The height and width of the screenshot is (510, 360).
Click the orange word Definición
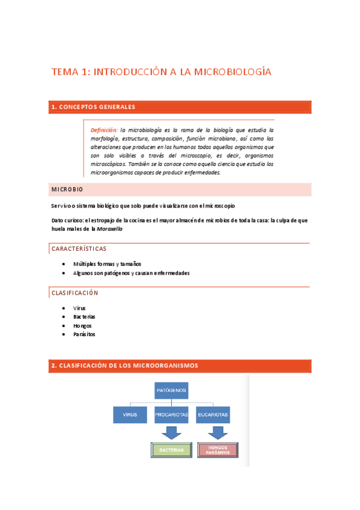(104, 130)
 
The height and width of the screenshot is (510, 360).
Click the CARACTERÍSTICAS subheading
(79, 248)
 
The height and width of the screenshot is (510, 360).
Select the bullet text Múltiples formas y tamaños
(108, 264)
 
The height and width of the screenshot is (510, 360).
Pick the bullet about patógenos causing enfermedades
(131, 272)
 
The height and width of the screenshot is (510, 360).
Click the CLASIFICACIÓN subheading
(75, 293)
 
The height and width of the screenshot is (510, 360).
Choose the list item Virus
(79, 308)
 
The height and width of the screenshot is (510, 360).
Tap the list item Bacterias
(84, 316)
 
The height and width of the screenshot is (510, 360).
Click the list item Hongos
(82, 325)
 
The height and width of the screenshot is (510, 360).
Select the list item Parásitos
(84, 334)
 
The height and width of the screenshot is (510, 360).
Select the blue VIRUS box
(130, 415)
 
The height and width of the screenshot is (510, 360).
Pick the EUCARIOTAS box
(213, 415)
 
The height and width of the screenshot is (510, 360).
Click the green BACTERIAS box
(172, 449)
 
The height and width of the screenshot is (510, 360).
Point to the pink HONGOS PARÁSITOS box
(218, 449)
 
